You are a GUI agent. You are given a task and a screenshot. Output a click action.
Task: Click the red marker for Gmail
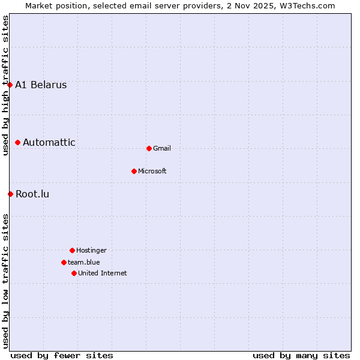[149, 148]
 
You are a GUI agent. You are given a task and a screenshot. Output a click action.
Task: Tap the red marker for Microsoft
[134, 171]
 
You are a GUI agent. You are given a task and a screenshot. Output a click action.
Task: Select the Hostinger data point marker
[72, 250]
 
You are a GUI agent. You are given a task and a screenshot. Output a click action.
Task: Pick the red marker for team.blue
[64, 262]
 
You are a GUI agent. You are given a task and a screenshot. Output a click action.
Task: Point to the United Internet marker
[74, 273]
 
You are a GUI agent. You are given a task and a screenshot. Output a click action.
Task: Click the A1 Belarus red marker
[10, 85]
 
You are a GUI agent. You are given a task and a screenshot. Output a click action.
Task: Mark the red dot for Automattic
[18, 142]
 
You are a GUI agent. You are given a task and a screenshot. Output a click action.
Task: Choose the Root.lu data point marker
[10, 194]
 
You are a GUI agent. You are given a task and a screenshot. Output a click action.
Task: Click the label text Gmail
[162, 148]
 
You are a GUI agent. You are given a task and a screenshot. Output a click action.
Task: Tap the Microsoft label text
[152, 171]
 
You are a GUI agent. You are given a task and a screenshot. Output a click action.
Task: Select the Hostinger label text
[91, 250]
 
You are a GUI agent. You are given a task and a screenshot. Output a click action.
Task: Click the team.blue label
[84, 262]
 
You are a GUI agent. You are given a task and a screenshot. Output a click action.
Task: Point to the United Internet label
[103, 273]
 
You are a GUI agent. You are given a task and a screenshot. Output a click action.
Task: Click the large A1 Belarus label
[41, 85]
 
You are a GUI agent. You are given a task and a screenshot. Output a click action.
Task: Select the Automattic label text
[49, 142]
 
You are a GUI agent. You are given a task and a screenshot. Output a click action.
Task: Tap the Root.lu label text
[32, 194]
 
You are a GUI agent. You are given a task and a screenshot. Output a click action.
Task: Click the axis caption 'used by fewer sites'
[62, 355]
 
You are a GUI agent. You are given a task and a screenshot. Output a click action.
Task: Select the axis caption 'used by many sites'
[301, 355]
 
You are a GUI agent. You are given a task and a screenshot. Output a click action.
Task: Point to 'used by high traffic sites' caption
[5, 85]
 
